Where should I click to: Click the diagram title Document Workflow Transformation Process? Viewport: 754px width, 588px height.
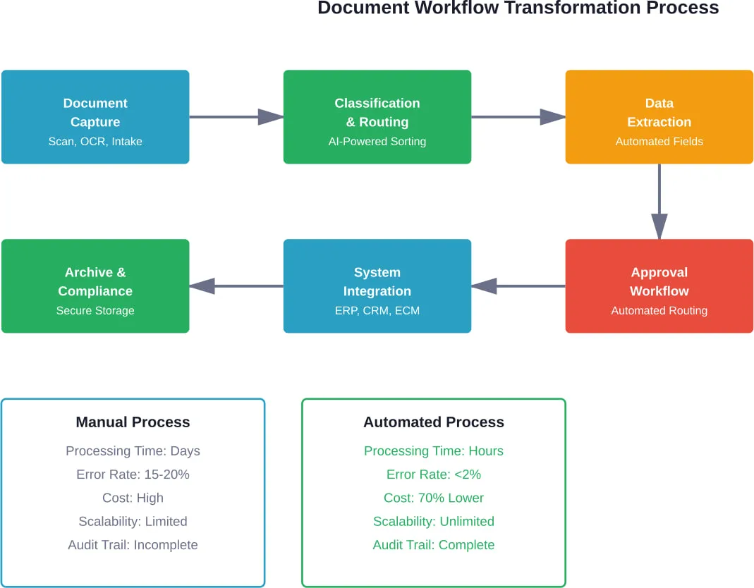[x=518, y=8]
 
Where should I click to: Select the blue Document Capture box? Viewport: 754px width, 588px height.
[x=95, y=116]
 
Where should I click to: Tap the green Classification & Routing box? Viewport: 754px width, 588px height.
[x=377, y=116]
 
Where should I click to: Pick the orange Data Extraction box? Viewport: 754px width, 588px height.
[x=659, y=116]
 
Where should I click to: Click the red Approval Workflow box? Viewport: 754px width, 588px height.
[x=659, y=286]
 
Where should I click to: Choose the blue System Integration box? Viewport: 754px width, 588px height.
[x=377, y=286]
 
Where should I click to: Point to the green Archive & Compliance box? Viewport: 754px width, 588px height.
[x=95, y=286]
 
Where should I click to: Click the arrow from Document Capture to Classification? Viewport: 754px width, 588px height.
[x=236, y=117]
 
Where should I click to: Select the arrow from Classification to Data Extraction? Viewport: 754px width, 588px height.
[x=518, y=117]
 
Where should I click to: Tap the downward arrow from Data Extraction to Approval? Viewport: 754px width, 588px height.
[x=659, y=201]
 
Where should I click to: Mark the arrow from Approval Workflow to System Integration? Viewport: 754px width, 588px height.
[x=518, y=286]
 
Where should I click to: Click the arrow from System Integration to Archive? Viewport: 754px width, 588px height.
[x=236, y=286]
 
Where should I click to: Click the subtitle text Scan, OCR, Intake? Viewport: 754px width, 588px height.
[x=95, y=142]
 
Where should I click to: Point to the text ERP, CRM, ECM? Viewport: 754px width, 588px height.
[x=377, y=310]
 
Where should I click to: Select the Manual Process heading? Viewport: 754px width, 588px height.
[x=133, y=422]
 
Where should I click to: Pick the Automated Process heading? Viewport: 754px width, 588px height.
[x=434, y=422]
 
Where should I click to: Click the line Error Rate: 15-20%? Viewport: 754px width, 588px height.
[x=133, y=474]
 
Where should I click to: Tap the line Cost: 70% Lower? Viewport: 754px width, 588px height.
[x=434, y=498]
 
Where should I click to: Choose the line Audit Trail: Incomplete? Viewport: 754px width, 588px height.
[x=133, y=545]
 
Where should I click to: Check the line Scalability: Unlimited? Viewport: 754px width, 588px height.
[x=434, y=522]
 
